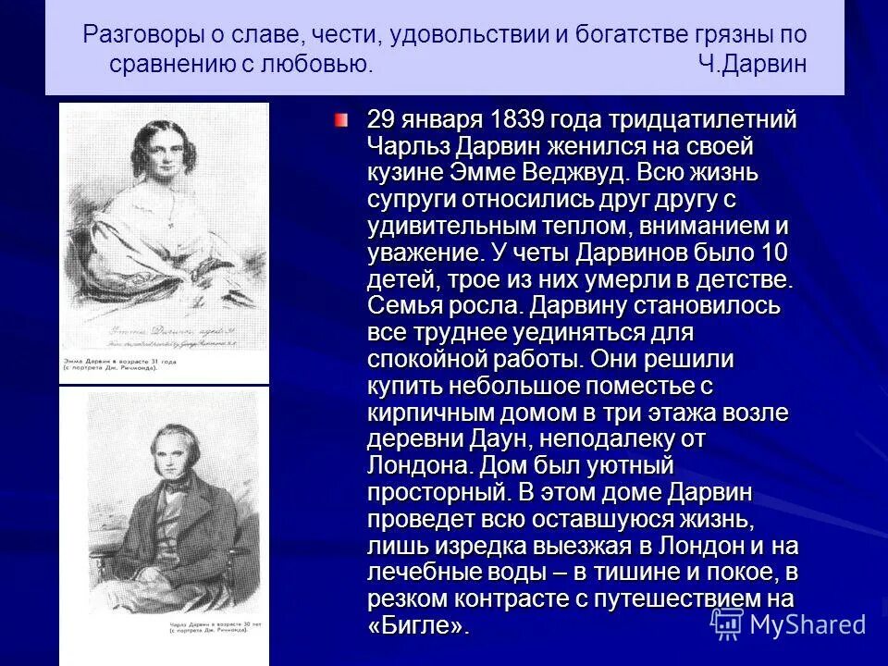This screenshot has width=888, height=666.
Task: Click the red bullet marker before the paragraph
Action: click(x=342, y=120)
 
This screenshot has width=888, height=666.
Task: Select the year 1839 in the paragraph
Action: click(x=512, y=119)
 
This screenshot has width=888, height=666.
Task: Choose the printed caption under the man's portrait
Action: click(x=120, y=641)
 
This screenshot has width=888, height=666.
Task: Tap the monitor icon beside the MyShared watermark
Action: click(x=728, y=623)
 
